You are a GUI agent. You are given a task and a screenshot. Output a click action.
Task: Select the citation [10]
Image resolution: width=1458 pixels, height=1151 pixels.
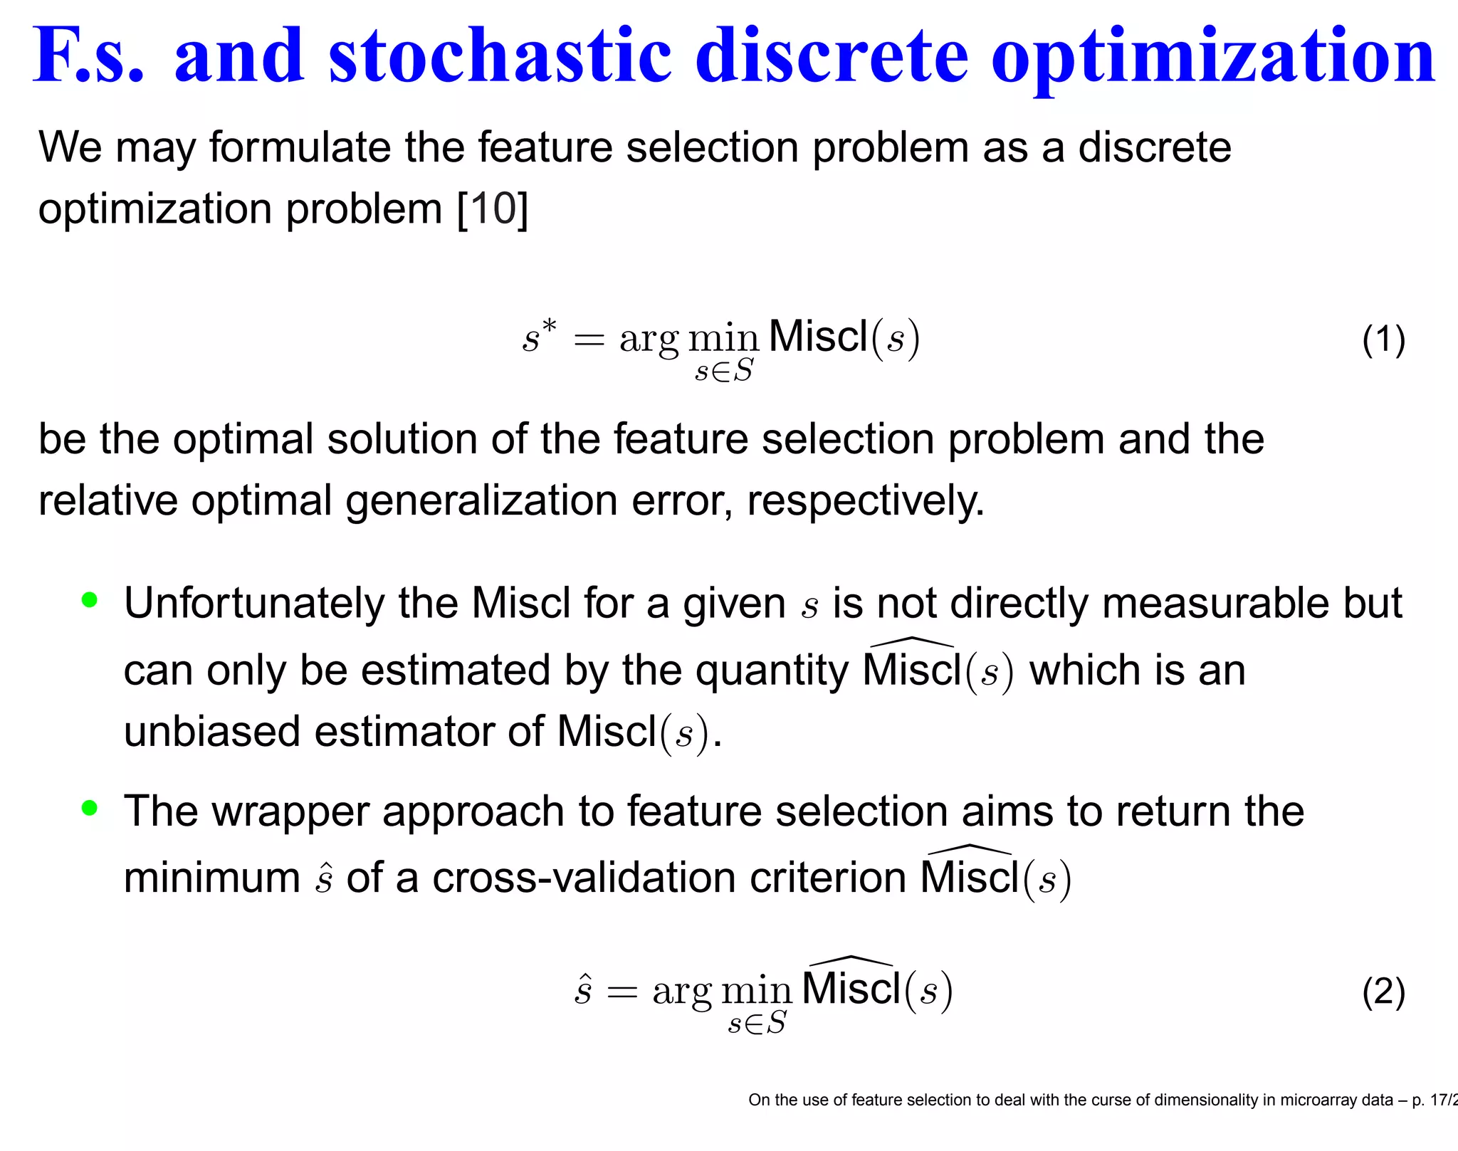492,209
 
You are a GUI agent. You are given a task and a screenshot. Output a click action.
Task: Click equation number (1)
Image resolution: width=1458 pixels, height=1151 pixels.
1383,340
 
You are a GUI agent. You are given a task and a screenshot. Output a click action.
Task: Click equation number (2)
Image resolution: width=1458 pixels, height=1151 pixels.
1383,992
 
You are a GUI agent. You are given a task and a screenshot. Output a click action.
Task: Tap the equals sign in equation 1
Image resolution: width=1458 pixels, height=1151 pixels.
589,341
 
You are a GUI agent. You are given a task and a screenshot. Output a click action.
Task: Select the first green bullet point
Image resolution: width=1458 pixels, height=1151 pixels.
90,600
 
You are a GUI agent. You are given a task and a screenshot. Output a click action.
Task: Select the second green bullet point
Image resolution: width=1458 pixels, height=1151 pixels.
90,808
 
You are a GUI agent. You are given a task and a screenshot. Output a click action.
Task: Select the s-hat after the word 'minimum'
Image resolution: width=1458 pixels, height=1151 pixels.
324,879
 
